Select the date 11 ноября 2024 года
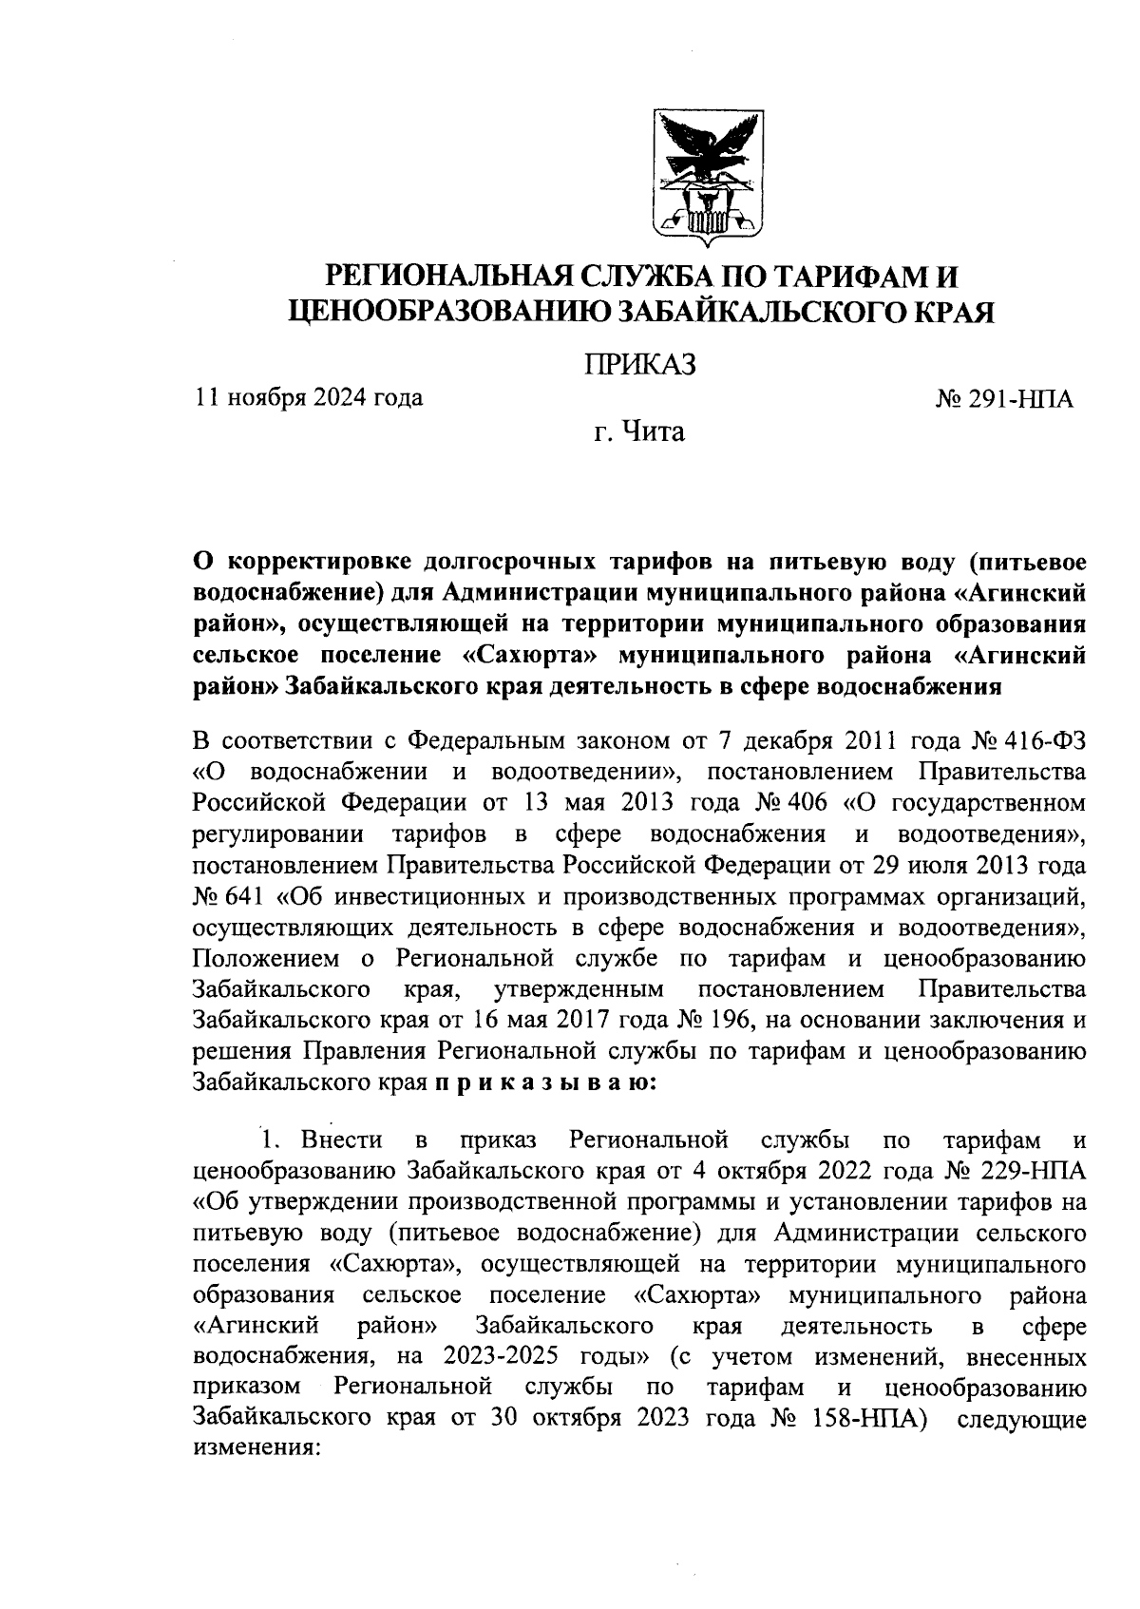point(309,397)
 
